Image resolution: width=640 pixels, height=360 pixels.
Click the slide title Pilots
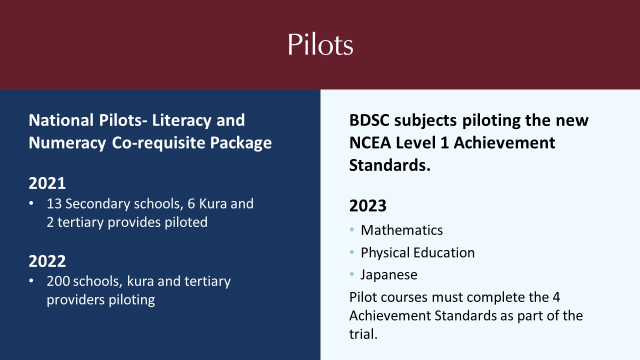pyautogui.click(x=320, y=44)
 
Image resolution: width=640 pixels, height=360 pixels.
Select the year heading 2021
pyautogui.click(x=47, y=183)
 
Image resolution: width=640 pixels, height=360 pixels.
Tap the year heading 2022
pyautogui.click(x=47, y=261)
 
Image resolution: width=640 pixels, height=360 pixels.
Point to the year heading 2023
pyautogui.click(x=367, y=205)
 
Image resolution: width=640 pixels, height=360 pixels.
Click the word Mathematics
pyautogui.click(x=401, y=230)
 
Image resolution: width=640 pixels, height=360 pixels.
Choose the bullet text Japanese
pyautogui.click(x=389, y=275)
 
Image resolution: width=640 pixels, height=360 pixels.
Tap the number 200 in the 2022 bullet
pyautogui.click(x=58, y=281)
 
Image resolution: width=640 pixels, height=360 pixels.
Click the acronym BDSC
pyautogui.click(x=369, y=120)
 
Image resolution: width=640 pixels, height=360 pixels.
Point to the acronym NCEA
pyautogui.click(x=370, y=142)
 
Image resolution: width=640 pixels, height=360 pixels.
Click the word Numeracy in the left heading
pyautogui.click(x=67, y=143)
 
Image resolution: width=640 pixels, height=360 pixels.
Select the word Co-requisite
pyautogui.click(x=158, y=142)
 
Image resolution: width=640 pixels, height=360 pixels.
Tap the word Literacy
pyautogui.click(x=182, y=120)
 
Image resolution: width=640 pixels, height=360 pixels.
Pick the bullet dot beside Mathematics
pyautogui.click(x=351, y=229)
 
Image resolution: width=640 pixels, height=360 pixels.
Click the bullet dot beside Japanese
pyautogui.click(x=351, y=274)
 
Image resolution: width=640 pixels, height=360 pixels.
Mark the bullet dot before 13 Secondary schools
pyautogui.click(x=31, y=203)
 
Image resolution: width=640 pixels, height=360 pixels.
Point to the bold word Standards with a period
pyautogui.click(x=389, y=165)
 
